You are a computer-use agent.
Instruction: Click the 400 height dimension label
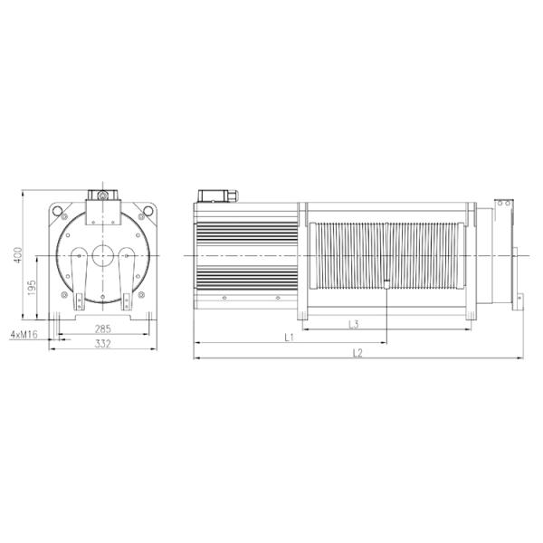18,255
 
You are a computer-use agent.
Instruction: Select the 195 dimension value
32,288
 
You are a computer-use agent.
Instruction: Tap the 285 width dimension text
103,329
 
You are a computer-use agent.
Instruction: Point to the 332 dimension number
103,344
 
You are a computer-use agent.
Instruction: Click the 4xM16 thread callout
24,334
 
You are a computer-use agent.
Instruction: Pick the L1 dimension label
290,337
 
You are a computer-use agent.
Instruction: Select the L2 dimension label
357,353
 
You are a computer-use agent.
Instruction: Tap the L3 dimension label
354,325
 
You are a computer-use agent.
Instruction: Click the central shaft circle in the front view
103,256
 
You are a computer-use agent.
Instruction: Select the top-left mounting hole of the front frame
58,211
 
